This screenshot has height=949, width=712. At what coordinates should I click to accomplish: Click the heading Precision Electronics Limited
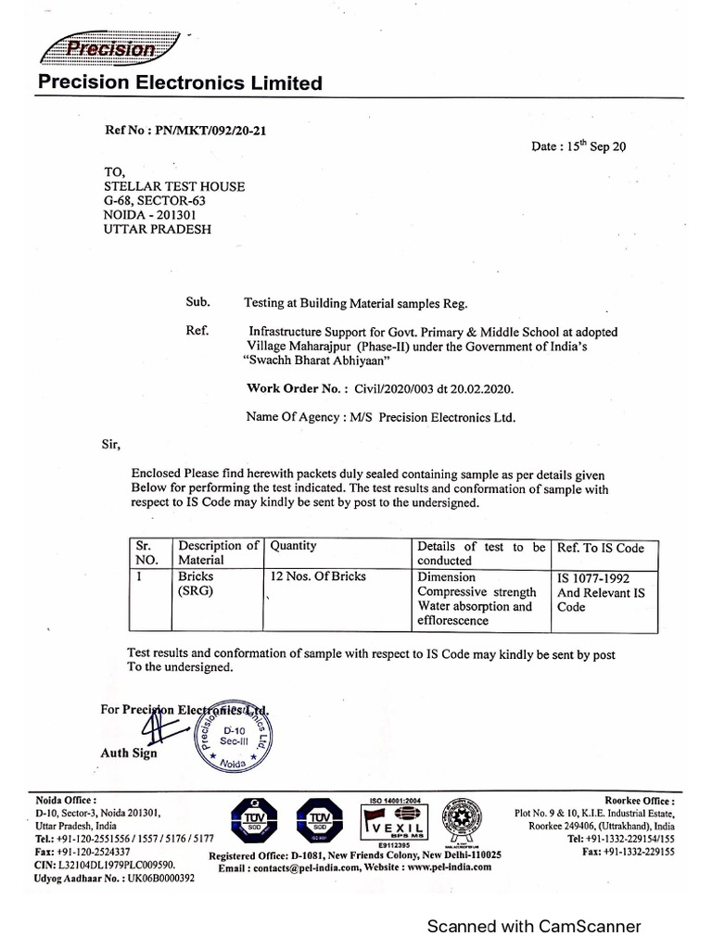(180, 84)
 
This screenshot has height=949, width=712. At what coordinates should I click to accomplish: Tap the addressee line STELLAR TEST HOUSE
(174, 186)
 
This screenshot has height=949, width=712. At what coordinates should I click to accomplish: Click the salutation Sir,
(111, 444)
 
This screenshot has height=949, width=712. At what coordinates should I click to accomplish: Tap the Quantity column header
(293, 547)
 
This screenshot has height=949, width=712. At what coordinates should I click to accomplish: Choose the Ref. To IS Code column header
(600, 548)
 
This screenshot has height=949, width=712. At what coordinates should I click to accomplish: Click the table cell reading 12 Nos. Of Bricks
(318, 576)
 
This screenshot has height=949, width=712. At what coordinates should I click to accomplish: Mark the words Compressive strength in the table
(477, 591)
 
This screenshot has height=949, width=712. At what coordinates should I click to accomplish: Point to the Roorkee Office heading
(640, 800)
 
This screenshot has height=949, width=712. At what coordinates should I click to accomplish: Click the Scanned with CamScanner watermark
(533, 926)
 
